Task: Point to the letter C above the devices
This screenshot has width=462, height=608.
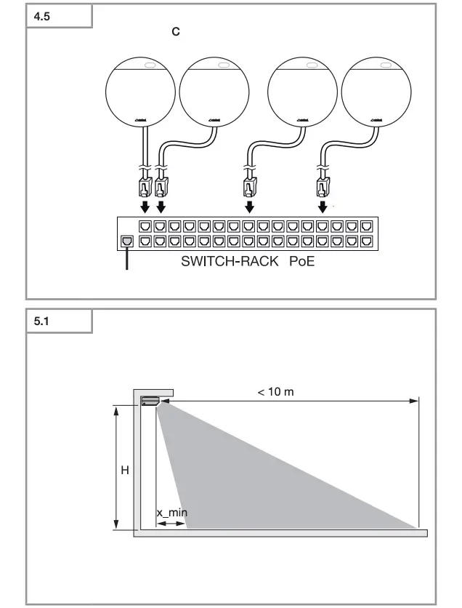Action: point(175,33)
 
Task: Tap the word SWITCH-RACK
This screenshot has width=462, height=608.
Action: point(230,262)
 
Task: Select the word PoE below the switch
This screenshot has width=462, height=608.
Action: point(301,262)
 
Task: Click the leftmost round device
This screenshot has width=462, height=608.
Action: point(139,93)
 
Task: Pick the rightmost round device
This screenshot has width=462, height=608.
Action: point(375,93)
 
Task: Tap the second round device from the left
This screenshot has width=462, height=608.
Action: point(213,93)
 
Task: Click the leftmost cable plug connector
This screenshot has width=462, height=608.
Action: point(145,188)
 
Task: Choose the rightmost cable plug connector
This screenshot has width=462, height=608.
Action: point(322,188)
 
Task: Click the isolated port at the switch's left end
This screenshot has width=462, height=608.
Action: point(126,241)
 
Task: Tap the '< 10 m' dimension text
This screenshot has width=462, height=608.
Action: point(275,391)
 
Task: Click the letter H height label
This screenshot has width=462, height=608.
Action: point(124,471)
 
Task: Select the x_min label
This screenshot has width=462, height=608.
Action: point(172,512)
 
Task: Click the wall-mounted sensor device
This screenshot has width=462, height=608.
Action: point(150,399)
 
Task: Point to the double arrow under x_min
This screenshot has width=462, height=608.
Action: point(171,523)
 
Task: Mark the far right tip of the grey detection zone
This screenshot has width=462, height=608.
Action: point(417,527)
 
